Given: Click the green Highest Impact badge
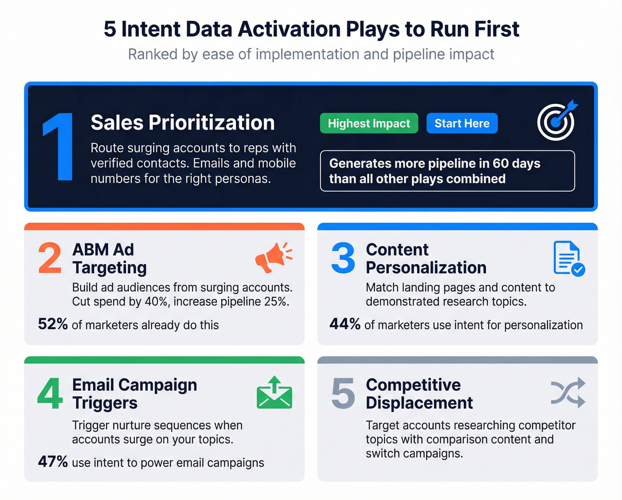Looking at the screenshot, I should coord(369,123).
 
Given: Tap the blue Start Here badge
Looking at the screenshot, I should coord(462,123).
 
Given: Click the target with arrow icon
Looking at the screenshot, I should coord(557,120).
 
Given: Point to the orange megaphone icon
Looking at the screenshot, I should coord(273,257).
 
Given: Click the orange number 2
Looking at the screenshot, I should coord(49,258).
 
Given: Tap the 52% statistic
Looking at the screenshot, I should coord(53,324).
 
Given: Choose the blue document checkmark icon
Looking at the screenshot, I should coord(568,258).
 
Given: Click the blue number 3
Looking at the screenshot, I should coord(343,258).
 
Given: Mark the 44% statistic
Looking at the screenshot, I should coord(345,324).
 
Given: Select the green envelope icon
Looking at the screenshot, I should coord(274,393).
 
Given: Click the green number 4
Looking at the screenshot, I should coord(50,394).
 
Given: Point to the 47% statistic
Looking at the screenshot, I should coord(53,462).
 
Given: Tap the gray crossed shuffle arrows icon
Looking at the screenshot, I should coord(568,393).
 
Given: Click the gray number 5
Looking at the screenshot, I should coord(343,394).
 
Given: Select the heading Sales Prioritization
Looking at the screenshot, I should coord(183,122).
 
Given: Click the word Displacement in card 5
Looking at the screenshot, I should coord(419,403).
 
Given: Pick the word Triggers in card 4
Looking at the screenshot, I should coord(105,403).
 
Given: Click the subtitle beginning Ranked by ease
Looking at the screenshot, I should coord(311,54).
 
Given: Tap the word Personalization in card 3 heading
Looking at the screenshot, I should coord(426,268).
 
